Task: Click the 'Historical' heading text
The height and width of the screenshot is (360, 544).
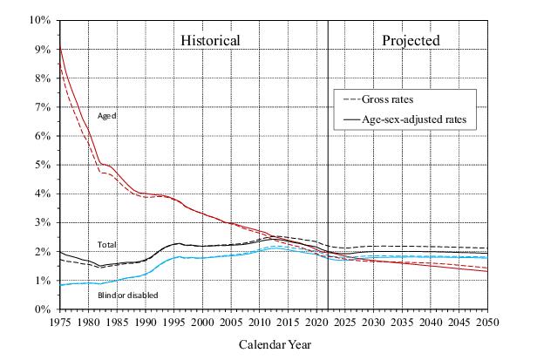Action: (210, 40)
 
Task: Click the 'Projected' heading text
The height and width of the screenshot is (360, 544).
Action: (411, 40)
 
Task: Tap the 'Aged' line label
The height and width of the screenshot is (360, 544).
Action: (107, 115)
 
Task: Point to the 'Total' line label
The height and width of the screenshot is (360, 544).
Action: (107, 245)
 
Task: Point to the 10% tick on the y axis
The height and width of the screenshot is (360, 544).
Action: (41, 20)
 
